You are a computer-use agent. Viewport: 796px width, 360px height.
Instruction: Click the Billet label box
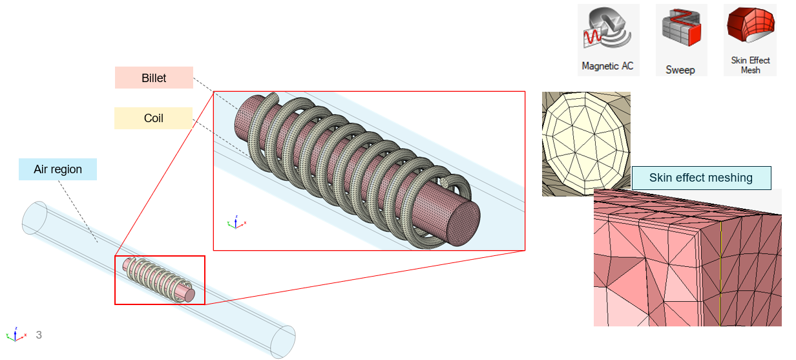click(154, 78)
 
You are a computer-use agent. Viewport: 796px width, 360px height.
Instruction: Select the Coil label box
click(154, 118)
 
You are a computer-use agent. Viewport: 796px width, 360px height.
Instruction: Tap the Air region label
click(58, 169)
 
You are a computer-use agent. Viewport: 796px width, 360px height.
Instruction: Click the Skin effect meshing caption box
click(701, 178)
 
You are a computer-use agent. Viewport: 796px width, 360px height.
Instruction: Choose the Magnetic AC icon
click(607, 28)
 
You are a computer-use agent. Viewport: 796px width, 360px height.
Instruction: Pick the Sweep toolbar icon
click(681, 28)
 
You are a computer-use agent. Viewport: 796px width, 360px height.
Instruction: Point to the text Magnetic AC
click(607, 66)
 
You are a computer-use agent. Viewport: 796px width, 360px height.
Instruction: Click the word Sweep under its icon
click(680, 70)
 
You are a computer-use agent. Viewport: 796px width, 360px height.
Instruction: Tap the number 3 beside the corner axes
click(39, 335)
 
